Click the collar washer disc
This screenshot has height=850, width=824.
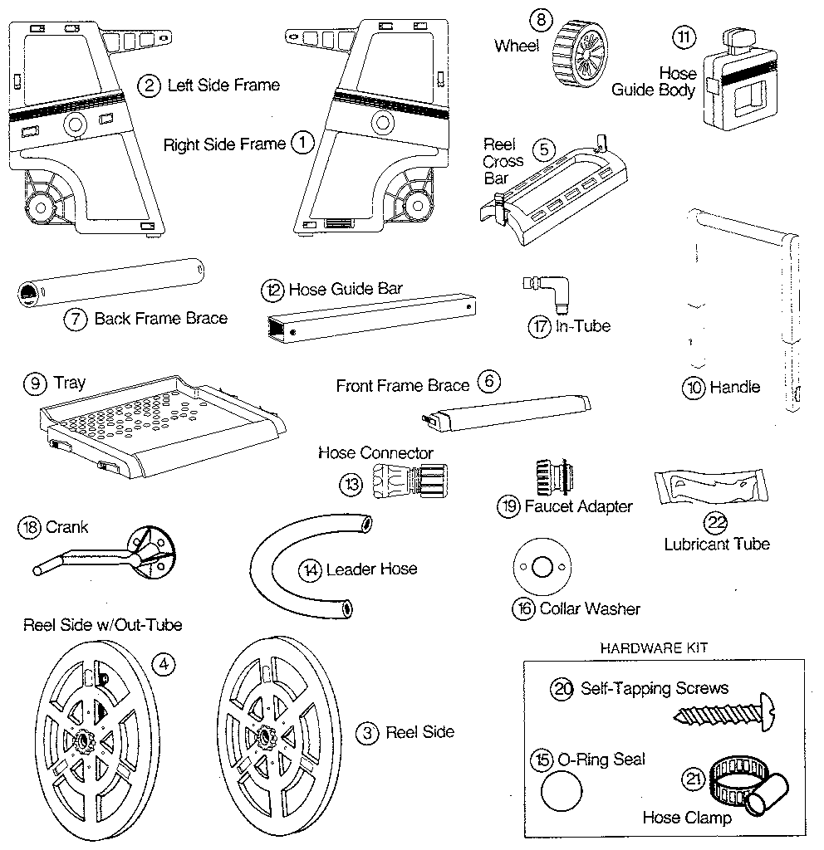coord(541,568)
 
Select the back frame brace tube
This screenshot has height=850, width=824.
coord(110,283)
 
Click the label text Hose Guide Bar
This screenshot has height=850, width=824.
coord(345,290)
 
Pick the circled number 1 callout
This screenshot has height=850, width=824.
coord(302,143)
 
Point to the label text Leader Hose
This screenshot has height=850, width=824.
coord(371,569)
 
